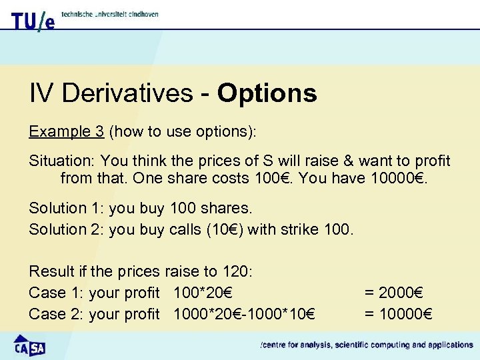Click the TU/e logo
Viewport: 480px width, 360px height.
pyautogui.click(x=33, y=21)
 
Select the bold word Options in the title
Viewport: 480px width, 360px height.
pyautogui.click(x=267, y=93)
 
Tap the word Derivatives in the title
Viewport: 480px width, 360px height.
pyautogui.click(x=131, y=93)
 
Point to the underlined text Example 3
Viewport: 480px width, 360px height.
pyautogui.click(x=66, y=131)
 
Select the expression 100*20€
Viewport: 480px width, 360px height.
pyautogui.click(x=203, y=293)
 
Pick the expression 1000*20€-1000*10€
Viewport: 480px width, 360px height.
pyautogui.click(x=245, y=314)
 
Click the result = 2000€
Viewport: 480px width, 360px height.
pyautogui.click(x=394, y=293)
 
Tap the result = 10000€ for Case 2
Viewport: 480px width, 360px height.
pyautogui.click(x=398, y=314)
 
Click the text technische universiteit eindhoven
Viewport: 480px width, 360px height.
pyautogui.click(x=110, y=14)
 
